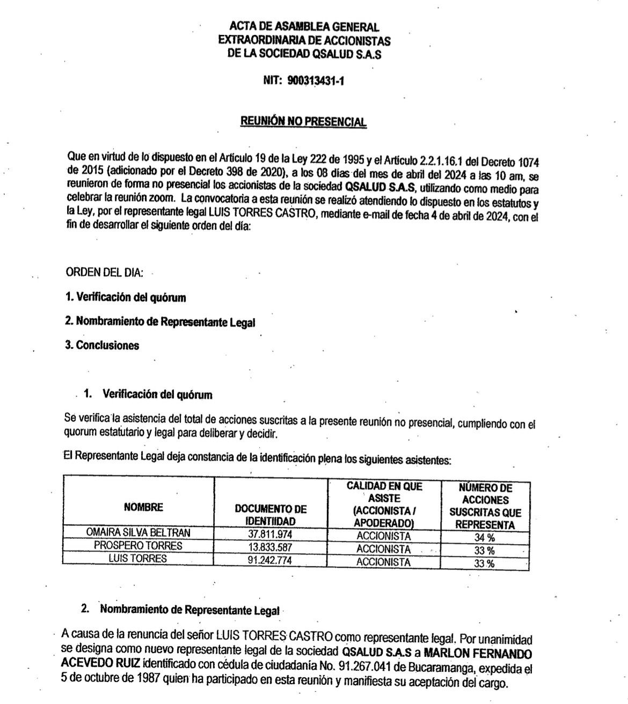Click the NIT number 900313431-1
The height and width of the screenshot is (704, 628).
pyautogui.click(x=316, y=81)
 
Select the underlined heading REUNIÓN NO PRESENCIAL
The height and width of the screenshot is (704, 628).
pyautogui.click(x=303, y=122)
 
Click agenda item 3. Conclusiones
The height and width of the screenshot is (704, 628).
pyautogui.click(x=102, y=346)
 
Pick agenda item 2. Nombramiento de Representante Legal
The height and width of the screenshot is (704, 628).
pyautogui.click(x=160, y=322)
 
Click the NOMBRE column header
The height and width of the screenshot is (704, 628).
pyautogui.click(x=143, y=507)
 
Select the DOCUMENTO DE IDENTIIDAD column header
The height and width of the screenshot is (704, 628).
pyautogui.click(x=271, y=515)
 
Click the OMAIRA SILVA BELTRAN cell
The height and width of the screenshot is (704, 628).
pyautogui.click(x=138, y=532)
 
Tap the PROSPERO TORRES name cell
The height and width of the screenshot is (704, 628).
pyautogui.click(x=138, y=546)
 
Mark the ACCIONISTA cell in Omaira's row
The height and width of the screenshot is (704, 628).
pyautogui.click(x=383, y=536)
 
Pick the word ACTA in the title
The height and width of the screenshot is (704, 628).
pyautogui.click(x=243, y=26)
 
